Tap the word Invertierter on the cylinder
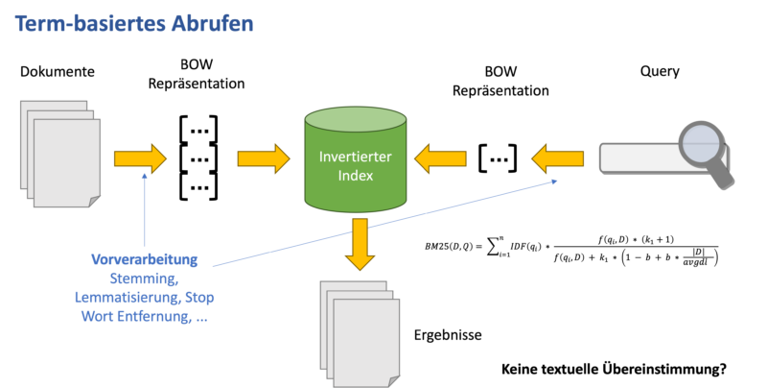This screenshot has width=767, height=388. coord(355,157)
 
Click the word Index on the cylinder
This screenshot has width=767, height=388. coord(355,176)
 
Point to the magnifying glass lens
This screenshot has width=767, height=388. coord(701,144)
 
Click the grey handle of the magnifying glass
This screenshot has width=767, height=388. coord(721,175)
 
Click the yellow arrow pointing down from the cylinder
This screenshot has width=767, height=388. coord(360,244)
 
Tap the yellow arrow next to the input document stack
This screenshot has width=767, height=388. coord(140,158)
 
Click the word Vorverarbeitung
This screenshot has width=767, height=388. coord(144,259)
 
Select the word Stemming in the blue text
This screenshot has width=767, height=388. coord(144,278)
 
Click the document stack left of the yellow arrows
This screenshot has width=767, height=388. coord(59,154)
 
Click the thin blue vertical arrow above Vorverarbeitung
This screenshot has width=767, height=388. coord(144,211)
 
